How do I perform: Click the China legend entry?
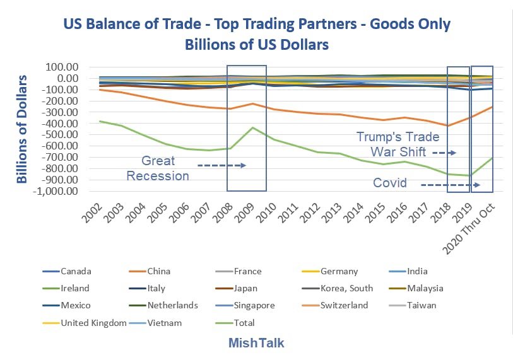(158, 271)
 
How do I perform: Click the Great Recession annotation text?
(158, 168)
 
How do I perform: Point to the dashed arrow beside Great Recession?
(221, 165)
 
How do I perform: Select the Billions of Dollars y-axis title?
(23, 129)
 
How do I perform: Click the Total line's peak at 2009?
(252, 127)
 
